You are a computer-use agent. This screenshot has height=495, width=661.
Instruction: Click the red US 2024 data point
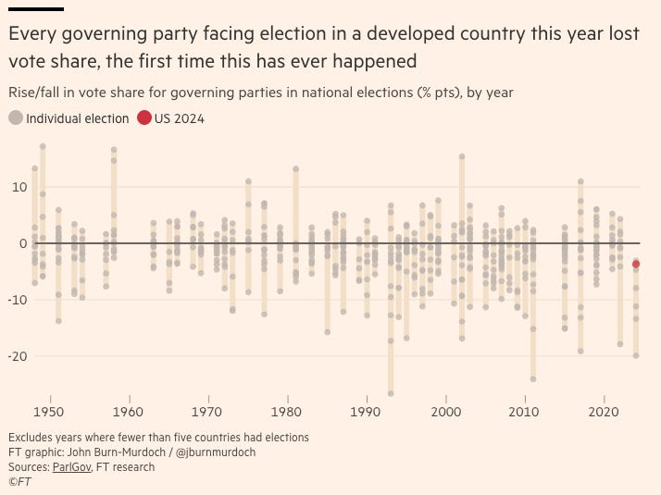point(636,264)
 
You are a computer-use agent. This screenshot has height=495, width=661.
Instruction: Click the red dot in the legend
point(143,118)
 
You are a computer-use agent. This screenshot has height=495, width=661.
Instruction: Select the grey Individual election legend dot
point(15,118)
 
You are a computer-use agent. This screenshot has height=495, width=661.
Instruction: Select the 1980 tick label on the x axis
point(287,411)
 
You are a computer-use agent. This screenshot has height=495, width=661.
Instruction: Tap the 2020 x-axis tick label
point(604,411)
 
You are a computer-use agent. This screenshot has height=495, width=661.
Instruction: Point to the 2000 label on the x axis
point(446,411)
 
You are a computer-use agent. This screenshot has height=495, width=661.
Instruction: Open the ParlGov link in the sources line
point(70,467)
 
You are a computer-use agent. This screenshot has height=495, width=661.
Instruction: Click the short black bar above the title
point(34,8)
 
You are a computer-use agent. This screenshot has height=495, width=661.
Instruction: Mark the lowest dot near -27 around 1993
point(391,393)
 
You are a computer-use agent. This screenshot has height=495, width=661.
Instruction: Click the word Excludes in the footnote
point(31,438)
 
